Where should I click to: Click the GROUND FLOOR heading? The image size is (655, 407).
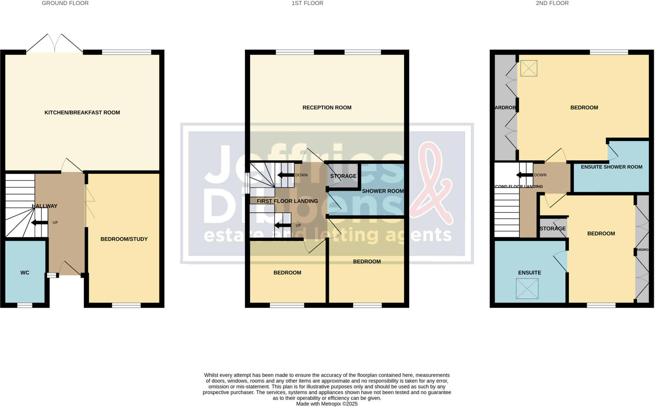click(65, 3)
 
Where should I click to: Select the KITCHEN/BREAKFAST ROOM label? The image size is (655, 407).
click(82, 112)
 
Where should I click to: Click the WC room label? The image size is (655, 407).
click(25, 273)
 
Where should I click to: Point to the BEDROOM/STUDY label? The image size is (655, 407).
click(124, 239)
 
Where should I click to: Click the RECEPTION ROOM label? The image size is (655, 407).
click(327, 108)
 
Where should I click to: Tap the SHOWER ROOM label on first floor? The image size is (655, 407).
click(383, 191)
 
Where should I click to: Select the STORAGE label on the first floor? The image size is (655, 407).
click(343, 176)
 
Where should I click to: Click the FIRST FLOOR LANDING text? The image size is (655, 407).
click(287, 201)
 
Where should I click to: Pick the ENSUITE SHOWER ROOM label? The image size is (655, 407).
click(612, 167)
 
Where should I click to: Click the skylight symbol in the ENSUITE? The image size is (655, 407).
click(527, 289)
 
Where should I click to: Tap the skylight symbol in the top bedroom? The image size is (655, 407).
click(529, 69)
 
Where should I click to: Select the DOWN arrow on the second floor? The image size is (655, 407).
click(524, 175)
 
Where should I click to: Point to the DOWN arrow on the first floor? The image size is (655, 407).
click(285, 175)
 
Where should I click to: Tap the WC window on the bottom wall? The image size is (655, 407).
click(25, 305)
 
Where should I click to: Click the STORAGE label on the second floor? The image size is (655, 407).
click(552, 228)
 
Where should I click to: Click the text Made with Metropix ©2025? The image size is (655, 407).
click(327, 404)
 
